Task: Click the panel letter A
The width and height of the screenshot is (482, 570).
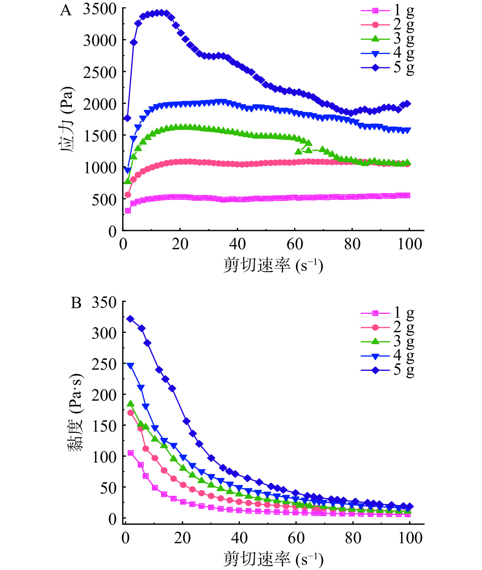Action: click(65, 10)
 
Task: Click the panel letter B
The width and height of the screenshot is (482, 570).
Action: click(76, 303)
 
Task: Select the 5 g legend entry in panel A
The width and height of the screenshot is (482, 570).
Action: click(387, 68)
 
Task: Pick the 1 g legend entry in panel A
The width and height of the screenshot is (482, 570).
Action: click(387, 11)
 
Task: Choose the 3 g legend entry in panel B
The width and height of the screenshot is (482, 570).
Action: click(387, 341)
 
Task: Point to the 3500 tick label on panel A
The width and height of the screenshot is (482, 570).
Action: click(99, 9)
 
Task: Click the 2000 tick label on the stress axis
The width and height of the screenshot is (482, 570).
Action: click(99, 104)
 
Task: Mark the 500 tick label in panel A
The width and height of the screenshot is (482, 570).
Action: click(104, 200)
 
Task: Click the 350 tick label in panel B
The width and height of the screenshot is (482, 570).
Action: click(104, 302)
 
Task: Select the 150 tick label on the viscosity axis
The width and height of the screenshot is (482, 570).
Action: click(104, 426)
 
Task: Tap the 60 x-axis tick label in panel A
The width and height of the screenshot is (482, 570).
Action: click(295, 244)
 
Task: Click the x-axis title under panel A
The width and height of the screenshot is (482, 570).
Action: click(273, 265)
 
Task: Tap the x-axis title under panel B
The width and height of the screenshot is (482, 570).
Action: click(273, 559)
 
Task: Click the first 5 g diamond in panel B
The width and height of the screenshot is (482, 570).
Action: click(130, 319)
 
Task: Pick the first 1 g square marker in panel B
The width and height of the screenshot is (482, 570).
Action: click(130, 453)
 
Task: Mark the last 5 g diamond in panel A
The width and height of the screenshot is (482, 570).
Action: click(407, 104)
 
